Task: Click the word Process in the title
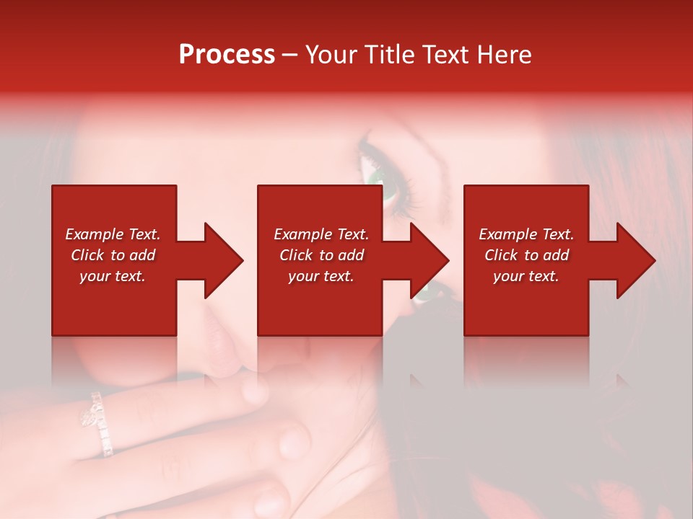(x=227, y=55)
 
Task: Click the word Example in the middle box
(x=303, y=234)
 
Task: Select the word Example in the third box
(x=508, y=234)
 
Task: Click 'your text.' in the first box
(x=113, y=276)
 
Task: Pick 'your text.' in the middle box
(x=321, y=276)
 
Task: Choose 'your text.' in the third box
(x=526, y=276)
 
